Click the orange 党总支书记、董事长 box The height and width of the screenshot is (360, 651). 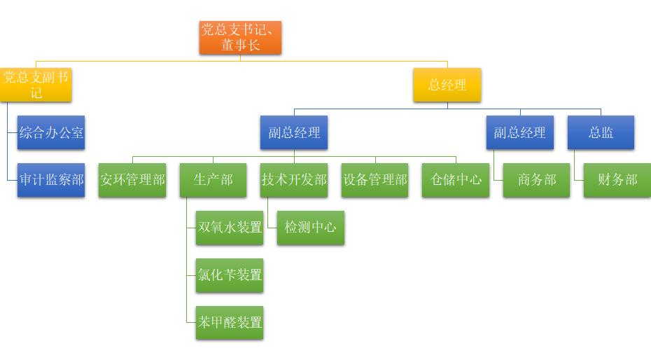pyautogui.click(x=240, y=37)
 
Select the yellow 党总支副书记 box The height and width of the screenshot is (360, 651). pyautogui.click(x=36, y=85)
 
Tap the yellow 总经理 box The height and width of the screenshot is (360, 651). pyautogui.click(x=447, y=85)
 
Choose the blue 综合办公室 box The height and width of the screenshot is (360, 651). pyautogui.click(x=51, y=132)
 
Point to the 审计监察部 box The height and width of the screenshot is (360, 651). pyautogui.click(x=51, y=180)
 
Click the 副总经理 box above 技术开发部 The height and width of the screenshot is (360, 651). pyautogui.click(x=294, y=132)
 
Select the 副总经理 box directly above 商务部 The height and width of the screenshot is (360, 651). pyautogui.click(x=519, y=132)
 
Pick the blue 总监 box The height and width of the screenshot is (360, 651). pyautogui.click(x=601, y=132)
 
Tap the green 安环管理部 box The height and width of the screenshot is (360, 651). pyautogui.click(x=132, y=180)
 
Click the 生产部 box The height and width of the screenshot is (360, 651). pyautogui.click(x=213, y=180)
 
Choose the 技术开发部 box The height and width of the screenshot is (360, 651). pyautogui.click(x=294, y=180)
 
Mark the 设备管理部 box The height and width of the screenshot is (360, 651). pyautogui.click(x=374, y=180)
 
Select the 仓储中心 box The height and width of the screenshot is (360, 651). pyautogui.click(x=456, y=180)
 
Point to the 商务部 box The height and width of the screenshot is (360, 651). pyautogui.click(x=536, y=180)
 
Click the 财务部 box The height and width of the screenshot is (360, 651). pyautogui.click(x=617, y=180)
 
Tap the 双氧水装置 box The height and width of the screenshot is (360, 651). pyautogui.click(x=230, y=228)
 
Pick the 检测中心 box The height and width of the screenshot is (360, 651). pyautogui.click(x=311, y=228)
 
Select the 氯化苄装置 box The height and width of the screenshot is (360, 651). pyautogui.click(x=230, y=275)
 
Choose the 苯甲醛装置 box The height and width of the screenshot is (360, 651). pyautogui.click(x=230, y=323)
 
